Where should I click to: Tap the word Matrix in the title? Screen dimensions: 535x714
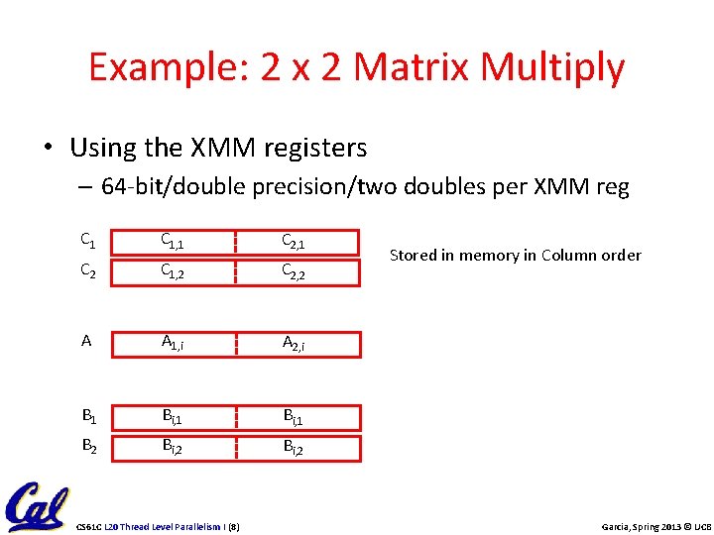(x=416, y=67)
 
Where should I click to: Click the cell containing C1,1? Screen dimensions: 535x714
(x=176, y=241)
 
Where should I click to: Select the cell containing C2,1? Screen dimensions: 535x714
(x=295, y=241)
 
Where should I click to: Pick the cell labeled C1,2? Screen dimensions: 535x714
(x=176, y=269)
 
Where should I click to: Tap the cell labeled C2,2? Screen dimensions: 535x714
(x=295, y=269)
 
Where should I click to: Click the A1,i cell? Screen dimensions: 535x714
(x=176, y=343)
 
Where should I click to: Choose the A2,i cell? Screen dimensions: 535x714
(x=295, y=343)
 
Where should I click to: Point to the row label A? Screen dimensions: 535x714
(x=86, y=341)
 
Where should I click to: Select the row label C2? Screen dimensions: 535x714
(x=87, y=268)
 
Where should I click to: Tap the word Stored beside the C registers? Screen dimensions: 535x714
(x=412, y=256)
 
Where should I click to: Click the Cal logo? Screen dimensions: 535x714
(x=36, y=506)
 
